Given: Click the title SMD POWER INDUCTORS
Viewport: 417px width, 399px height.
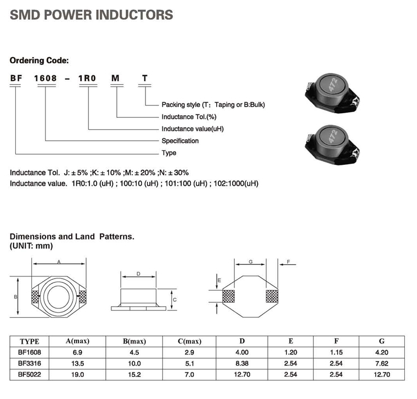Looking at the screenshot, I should (92, 15).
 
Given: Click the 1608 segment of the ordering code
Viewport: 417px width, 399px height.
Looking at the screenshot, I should (46, 78).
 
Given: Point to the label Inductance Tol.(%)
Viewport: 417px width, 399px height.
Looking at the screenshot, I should (189, 117).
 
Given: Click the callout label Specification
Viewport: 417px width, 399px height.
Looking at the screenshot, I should (180, 141).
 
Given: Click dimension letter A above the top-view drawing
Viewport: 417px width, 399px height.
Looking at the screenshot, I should (58, 262).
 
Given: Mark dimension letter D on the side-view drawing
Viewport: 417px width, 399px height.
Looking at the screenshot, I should (138, 274).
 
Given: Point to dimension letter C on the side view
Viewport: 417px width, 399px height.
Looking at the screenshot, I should (174, 300).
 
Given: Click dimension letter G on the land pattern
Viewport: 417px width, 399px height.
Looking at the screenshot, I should (250, 262).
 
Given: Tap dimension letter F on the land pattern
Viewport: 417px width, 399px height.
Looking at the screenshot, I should (288, 262).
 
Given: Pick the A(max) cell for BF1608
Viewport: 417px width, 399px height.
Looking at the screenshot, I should (77, 352).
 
